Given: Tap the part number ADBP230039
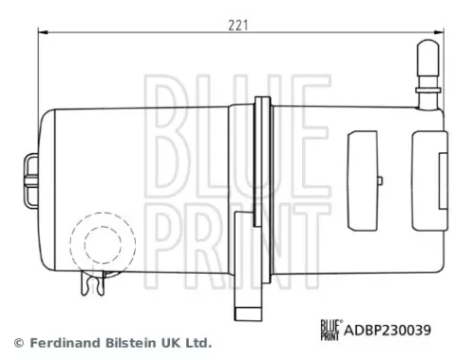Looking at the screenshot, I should click(391, 331).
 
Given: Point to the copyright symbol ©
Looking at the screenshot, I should click(16, 343).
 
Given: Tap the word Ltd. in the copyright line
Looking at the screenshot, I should click(197, 343).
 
